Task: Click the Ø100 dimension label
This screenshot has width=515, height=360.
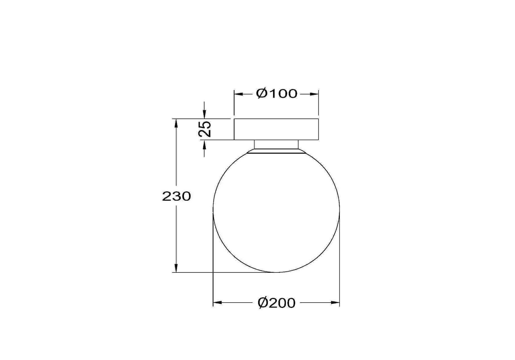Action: [x=277, y=93]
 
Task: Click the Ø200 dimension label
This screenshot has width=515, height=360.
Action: [x=277, y=303]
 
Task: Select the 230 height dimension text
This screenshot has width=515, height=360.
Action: [x=177, y=196]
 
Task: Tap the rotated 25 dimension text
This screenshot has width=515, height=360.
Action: [x=205, y=129]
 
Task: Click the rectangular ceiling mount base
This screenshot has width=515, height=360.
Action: [x=276, y=129]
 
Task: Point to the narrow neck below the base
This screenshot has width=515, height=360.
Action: [x=276, y=144]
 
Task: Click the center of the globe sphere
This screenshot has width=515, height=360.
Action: [x=276, y=209]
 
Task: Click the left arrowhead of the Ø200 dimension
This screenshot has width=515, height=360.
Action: [x=217, y=303]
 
